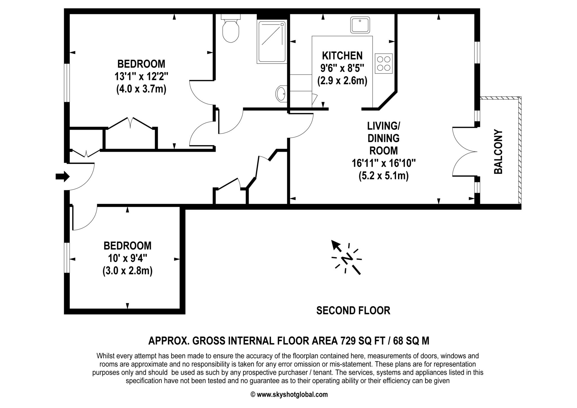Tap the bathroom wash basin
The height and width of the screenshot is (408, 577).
tap(281, 94)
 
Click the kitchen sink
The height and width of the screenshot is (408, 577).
tap(360, 25)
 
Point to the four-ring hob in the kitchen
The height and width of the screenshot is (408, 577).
tap(384, 63)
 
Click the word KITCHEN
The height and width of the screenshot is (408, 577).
tap(342, 56)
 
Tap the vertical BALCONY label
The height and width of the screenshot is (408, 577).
tap(498, 152)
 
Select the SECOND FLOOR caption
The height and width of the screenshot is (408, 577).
tap(353, 311)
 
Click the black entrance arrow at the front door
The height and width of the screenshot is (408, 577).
tap(63, 177)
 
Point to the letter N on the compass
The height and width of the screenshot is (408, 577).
tap(347, 259)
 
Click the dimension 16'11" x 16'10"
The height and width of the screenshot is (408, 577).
tap(384, 163)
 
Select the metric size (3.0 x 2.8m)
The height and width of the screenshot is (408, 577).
tap(127, 271)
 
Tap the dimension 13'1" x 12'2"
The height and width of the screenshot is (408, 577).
tap(141, 77)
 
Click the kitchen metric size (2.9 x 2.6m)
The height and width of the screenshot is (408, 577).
tap(342, 81)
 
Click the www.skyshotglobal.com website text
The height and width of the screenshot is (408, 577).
tap(292, 394)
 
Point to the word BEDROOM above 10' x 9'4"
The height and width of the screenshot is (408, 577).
tap(127, 246)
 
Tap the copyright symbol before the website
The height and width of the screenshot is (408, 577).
tap(253, 394)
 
